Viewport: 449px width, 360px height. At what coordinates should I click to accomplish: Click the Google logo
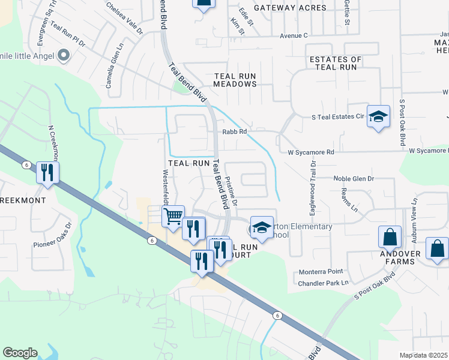point(20,353)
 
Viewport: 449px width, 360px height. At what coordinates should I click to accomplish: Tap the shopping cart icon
point(173,215)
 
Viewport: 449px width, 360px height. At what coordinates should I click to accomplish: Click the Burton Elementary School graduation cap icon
point(262,227)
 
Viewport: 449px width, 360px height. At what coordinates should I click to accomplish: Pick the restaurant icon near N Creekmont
point(47,173)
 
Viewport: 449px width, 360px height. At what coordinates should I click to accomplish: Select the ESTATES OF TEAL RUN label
point(336,63)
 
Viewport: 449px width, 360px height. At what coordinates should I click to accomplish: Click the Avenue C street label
point(294,35)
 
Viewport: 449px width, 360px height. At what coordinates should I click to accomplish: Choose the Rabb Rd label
point(234,132)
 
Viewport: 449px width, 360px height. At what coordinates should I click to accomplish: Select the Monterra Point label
point(321,272)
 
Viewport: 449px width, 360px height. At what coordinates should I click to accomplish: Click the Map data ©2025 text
point(423,355)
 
